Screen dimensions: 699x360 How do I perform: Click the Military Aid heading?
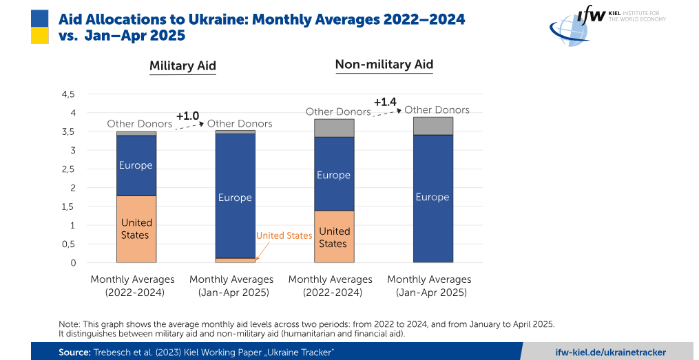tap(182, 66)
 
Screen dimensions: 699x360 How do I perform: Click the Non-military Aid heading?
tap(384, 65)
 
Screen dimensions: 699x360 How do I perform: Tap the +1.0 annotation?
tap(187, 116)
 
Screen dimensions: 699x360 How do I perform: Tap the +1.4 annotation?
tap(385, 102)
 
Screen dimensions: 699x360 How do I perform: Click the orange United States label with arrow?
tap(284, 235)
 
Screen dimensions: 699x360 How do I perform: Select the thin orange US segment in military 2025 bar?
tap(235, 260)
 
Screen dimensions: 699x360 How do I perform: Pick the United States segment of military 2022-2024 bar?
tap(136, 229)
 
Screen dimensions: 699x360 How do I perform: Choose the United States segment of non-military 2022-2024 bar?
tap(334, 237)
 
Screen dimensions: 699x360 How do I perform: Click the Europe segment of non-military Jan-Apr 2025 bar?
tap(433, 199)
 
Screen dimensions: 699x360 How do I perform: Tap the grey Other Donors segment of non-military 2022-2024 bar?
tap(334, 128)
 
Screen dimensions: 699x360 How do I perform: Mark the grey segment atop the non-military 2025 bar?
tap(433, 126)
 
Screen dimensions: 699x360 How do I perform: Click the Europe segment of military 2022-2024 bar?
tap(136, 166)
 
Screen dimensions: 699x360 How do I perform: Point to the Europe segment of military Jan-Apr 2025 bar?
tap(235, 196)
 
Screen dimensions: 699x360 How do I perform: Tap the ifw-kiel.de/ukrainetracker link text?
tap(611, 352)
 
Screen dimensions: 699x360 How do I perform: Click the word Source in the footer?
tap(74, 352)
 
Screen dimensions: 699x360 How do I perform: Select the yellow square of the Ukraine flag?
tap(40, 35)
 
